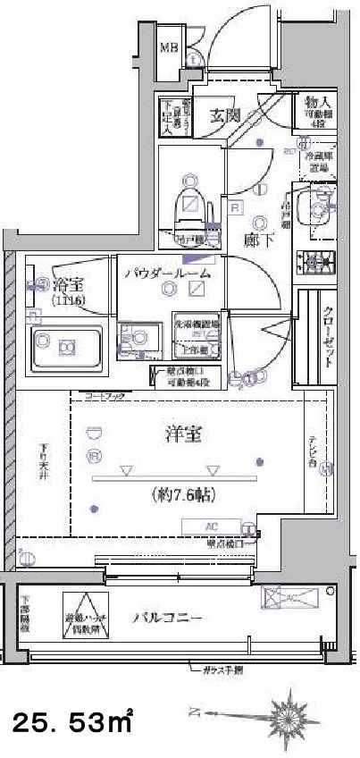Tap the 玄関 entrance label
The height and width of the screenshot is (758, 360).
(225, 114)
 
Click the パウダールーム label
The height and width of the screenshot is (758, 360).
(168, 274)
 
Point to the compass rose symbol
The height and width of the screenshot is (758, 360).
(288, 715)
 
